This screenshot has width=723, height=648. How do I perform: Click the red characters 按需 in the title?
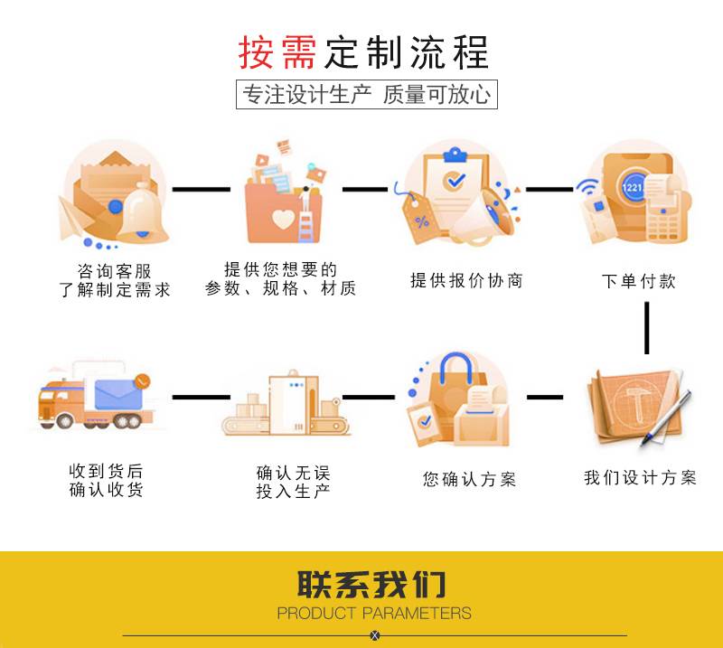277,52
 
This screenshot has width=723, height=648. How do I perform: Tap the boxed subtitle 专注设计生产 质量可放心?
367,95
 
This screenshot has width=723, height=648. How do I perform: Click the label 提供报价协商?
466,281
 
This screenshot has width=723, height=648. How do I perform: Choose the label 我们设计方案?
640,478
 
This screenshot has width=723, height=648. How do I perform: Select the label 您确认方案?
470,479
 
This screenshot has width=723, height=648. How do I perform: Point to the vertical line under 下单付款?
647,327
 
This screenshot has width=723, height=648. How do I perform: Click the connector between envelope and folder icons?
201,190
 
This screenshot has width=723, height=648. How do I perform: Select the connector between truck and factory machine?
201,397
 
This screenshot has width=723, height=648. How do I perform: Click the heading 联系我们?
372,585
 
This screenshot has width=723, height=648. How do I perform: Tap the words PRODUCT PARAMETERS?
374,614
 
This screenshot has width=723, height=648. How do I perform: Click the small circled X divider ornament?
375,635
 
